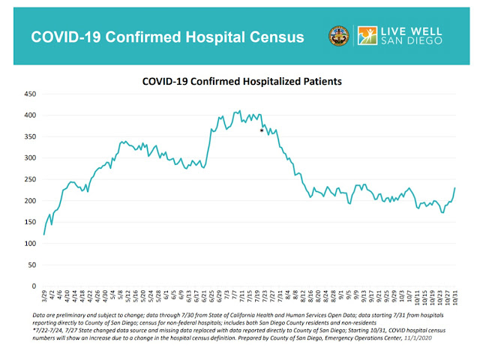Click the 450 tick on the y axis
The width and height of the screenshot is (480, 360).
pyautogui.click(x=31, y=94)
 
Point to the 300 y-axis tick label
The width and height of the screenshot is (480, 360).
pyautogui.click(x=31, y=158)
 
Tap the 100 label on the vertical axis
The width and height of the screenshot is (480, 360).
pyautogui.click(x=31, y=244)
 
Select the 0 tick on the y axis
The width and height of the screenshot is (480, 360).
pyautogui.click(x=34, y=286)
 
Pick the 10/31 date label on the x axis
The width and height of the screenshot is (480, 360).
pyautogui.click(x=454, y=298)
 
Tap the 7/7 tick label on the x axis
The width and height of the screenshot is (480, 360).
pyautogui.click(x=237, y=297)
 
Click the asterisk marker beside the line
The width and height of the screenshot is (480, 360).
pyautogui.click(x=262, y=131)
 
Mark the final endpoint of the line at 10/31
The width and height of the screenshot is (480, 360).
pyautogui.click(x=454, y=188)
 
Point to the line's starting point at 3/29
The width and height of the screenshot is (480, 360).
pyautogui.click(x=44, y=235)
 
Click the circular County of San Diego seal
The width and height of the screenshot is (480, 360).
pyautogui.click(x=338, y=37)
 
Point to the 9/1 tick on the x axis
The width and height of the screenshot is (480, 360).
pyautogui.click(x=341, y=297)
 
